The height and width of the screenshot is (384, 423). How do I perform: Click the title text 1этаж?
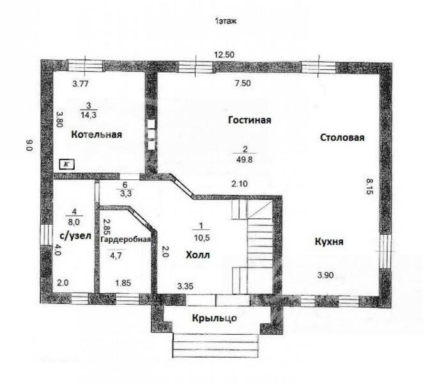pos(226,21)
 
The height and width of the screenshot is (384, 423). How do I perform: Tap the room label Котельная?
pos(96,134)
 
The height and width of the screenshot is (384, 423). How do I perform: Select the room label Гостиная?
pos(250,120)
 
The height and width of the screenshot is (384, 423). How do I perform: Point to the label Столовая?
pos(342,137)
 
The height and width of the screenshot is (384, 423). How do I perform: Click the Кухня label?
pos(329,241)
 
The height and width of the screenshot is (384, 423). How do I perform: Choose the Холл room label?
pos(197,255)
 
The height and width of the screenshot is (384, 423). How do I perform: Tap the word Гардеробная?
pos(125,239)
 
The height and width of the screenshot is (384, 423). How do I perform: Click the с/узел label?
pos(75,236)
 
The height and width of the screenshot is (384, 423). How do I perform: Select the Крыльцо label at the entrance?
pos(215,318)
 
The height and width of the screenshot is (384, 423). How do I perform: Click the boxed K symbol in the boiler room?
pos(67,164)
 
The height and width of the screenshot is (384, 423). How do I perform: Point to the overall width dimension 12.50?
pos(224,55)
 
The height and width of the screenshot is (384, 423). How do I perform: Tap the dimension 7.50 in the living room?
pos(243,83)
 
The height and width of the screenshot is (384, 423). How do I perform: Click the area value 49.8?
pos(245,160)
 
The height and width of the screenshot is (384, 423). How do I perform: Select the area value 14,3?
pos(88,115)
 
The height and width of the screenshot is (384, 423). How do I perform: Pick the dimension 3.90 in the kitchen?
pos(325,275)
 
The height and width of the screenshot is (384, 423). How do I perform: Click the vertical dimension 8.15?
pos(369,186)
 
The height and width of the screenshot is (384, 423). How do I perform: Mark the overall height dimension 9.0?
pos(29,145)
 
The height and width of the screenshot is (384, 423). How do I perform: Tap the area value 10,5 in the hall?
pos(202,238)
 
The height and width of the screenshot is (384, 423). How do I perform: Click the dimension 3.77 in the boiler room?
pos(81,84)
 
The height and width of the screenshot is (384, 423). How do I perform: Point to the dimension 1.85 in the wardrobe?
pos(123,283)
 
